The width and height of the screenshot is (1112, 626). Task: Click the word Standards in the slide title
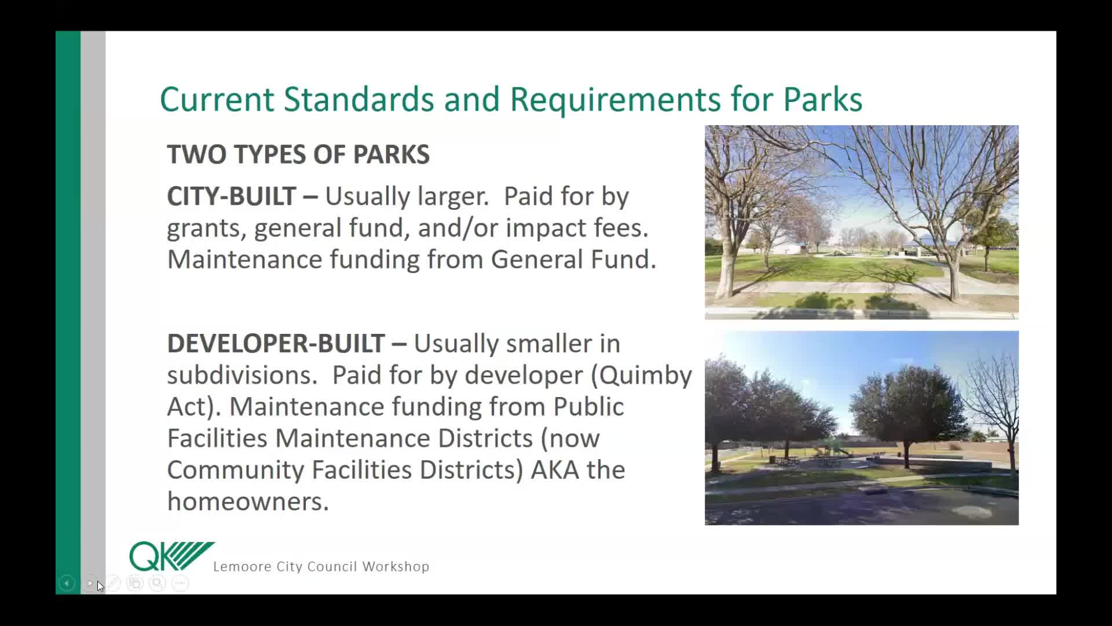[359, 99]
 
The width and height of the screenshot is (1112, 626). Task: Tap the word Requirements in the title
[615, 100]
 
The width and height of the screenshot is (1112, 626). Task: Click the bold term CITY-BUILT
[232, 196]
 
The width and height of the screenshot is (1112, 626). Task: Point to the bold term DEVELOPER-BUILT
[276, 343]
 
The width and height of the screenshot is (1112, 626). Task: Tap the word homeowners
[248, 501]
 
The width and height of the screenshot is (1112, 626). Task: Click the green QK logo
[171, 556]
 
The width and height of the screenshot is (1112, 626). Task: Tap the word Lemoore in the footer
[242, 566]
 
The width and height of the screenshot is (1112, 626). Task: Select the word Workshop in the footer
[396, 567]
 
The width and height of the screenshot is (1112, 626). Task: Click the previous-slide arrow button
[67, 583]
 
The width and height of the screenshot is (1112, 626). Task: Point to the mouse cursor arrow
[100, 586]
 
